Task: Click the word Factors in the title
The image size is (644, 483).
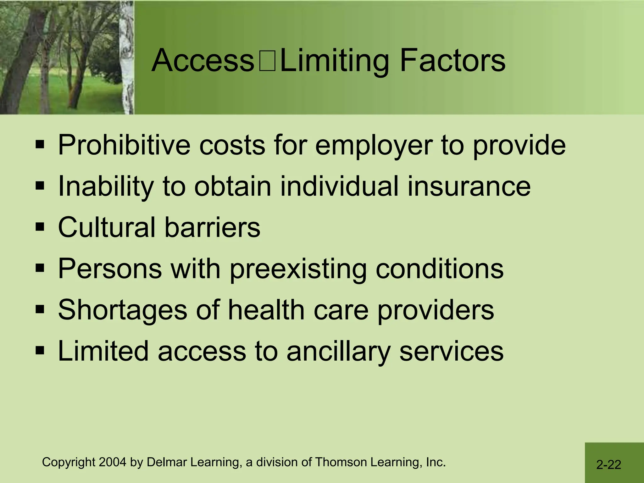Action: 452,60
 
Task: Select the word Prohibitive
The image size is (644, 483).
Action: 124,145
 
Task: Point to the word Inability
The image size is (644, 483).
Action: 106,186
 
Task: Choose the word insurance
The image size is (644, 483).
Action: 469,186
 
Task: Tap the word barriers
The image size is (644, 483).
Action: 212,227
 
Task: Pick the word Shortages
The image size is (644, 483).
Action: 123,310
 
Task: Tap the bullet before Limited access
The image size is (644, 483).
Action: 40,350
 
